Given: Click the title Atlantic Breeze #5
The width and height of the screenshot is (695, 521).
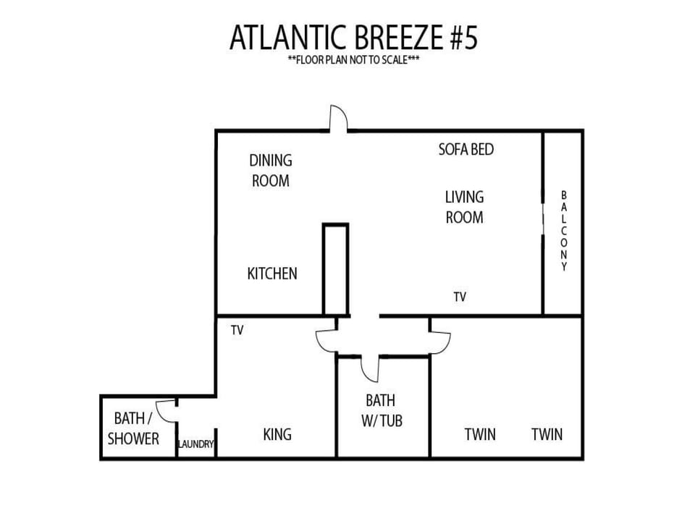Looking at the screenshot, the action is click(353, 37).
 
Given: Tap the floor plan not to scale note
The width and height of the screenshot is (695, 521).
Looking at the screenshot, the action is click(353, 59).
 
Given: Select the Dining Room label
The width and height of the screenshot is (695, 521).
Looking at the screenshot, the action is click(270, 171).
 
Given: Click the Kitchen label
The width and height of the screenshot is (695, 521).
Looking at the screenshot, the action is click(272, 274).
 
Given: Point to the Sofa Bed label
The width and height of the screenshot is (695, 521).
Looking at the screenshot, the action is click(466, 149).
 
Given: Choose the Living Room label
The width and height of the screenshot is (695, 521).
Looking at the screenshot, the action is click(465, 207).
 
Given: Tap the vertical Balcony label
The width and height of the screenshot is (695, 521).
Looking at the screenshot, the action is click(564, 230).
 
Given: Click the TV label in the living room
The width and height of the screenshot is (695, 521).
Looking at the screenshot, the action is click(460, 297).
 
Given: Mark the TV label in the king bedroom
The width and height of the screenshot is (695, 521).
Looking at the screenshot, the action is click(237, 330).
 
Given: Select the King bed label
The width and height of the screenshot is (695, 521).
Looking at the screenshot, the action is click(277, 434).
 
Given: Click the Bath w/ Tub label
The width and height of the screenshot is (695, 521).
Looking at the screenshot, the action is click(382, 410).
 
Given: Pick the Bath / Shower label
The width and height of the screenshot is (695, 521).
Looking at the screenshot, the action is click(133, 428).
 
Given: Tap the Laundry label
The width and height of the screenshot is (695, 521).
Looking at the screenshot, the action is click(196, 444).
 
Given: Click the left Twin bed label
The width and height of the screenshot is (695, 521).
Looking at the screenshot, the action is click(480, 434).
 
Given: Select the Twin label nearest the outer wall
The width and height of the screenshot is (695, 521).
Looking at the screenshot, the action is click(547, 434).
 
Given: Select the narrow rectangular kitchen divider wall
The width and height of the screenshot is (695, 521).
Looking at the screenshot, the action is click(335, 269).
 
